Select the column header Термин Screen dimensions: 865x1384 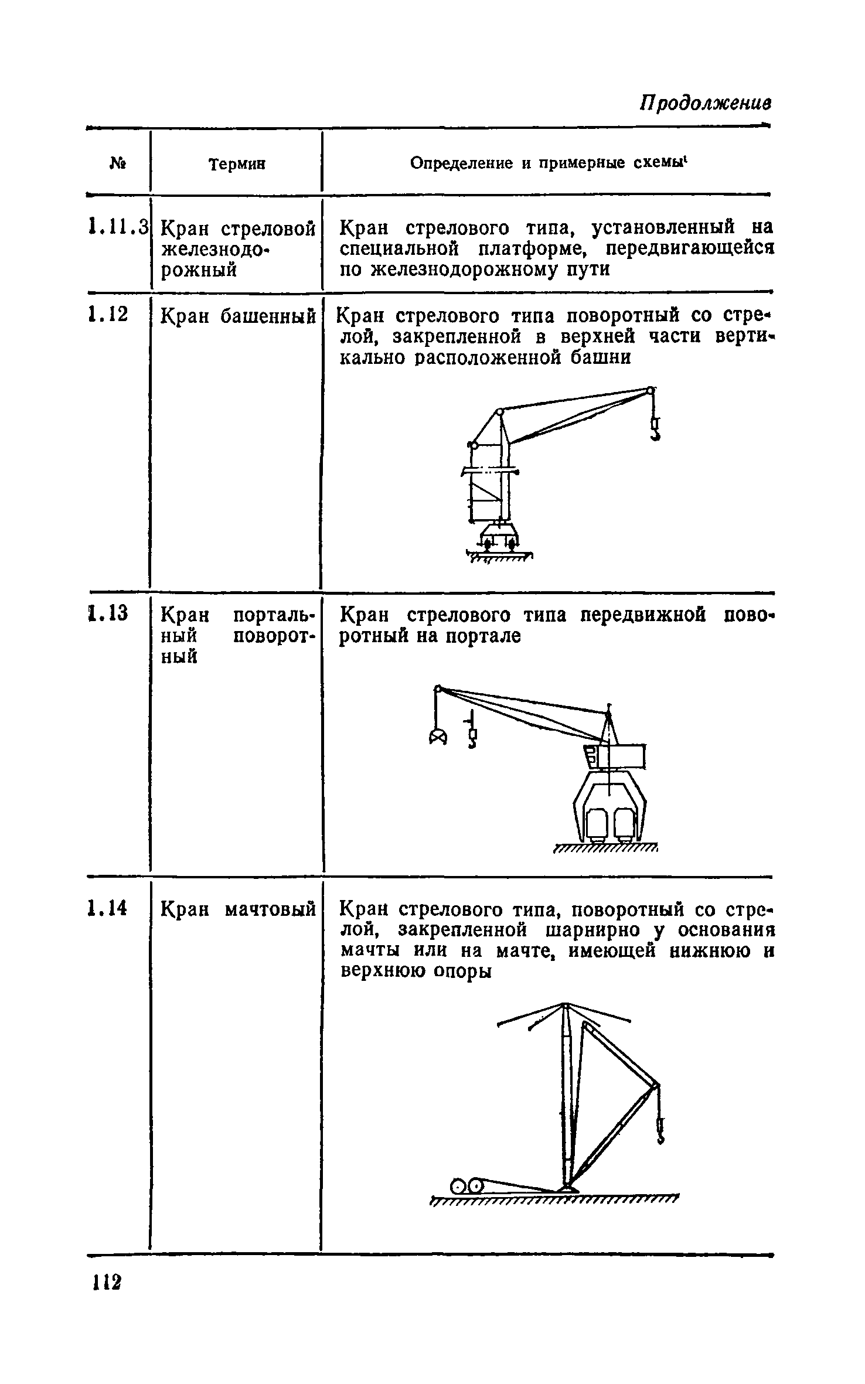[x=237, y=165]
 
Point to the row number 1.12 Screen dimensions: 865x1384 [x=107, y=316]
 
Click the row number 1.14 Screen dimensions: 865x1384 [x=107, y=909]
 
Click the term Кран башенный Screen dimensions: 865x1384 [x=237, y=316]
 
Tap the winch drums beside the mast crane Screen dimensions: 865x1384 [x=468, y=1185]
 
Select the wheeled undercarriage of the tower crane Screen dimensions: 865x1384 [x=499, y=538]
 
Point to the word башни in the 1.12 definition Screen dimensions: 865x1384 [x=600, y=357]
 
